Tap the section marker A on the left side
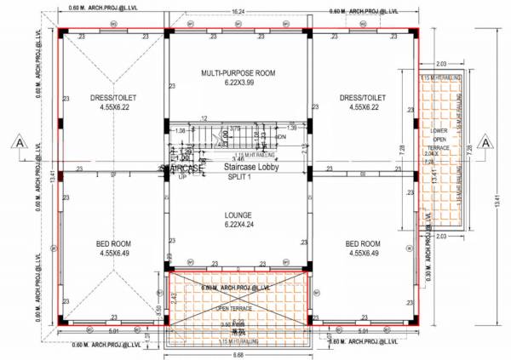18,143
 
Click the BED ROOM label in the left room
113,243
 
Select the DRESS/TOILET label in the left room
113,97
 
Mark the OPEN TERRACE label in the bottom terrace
234,308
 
